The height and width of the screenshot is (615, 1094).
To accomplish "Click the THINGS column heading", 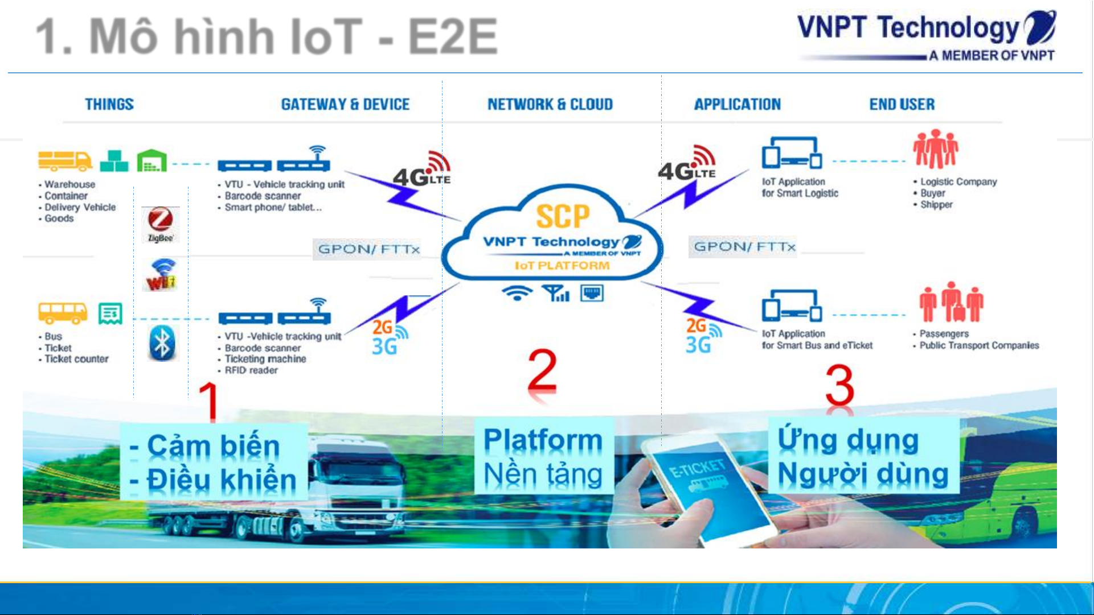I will [109, 105].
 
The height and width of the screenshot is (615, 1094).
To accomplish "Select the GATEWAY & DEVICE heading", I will [345, 105].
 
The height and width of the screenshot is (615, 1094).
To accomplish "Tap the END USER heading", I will [902, 105].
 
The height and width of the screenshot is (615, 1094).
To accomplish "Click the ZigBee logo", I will [161, 224].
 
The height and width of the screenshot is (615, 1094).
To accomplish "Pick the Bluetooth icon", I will [162, 343].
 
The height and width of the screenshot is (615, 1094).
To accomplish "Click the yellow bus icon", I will [63, 312].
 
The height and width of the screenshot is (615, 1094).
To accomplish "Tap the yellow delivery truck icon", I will [65, 160].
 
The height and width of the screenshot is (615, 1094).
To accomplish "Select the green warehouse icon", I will [151, 160].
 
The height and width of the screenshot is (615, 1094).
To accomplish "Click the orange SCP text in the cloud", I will [563, 217].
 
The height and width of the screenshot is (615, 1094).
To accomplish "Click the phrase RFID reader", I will [251, 370].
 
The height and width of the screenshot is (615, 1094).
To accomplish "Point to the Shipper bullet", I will [936, 205].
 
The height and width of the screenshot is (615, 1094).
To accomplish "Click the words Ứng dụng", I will [849, 440].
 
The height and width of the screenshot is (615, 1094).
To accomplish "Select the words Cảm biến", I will [213, 446].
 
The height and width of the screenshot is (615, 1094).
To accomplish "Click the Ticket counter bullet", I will [76, 359].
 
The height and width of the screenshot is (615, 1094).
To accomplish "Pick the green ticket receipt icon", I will [110, 313].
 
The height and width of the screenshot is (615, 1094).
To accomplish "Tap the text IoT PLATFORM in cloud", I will [562, 266].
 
